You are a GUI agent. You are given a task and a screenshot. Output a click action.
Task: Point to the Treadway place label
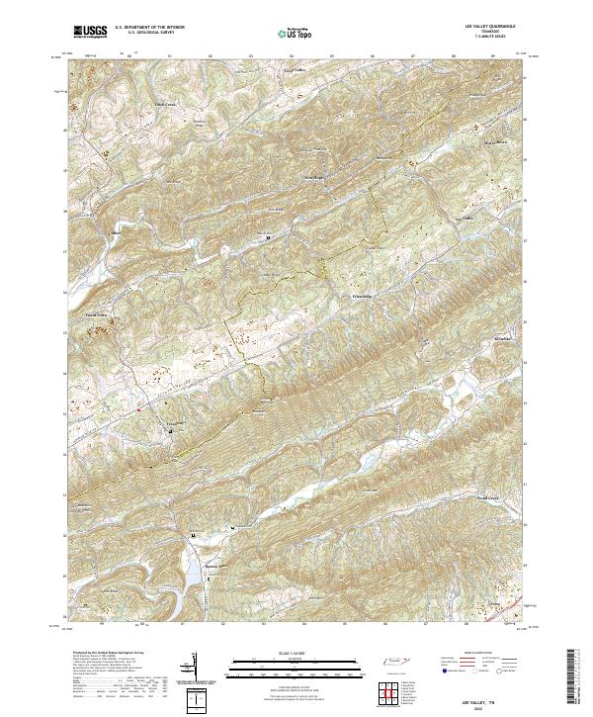coord(174,420)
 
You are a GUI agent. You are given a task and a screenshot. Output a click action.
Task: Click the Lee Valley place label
coord(465,218)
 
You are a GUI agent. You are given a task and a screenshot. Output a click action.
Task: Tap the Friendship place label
coord(365,296)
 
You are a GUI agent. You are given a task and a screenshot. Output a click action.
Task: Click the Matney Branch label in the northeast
coord(466,141)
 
